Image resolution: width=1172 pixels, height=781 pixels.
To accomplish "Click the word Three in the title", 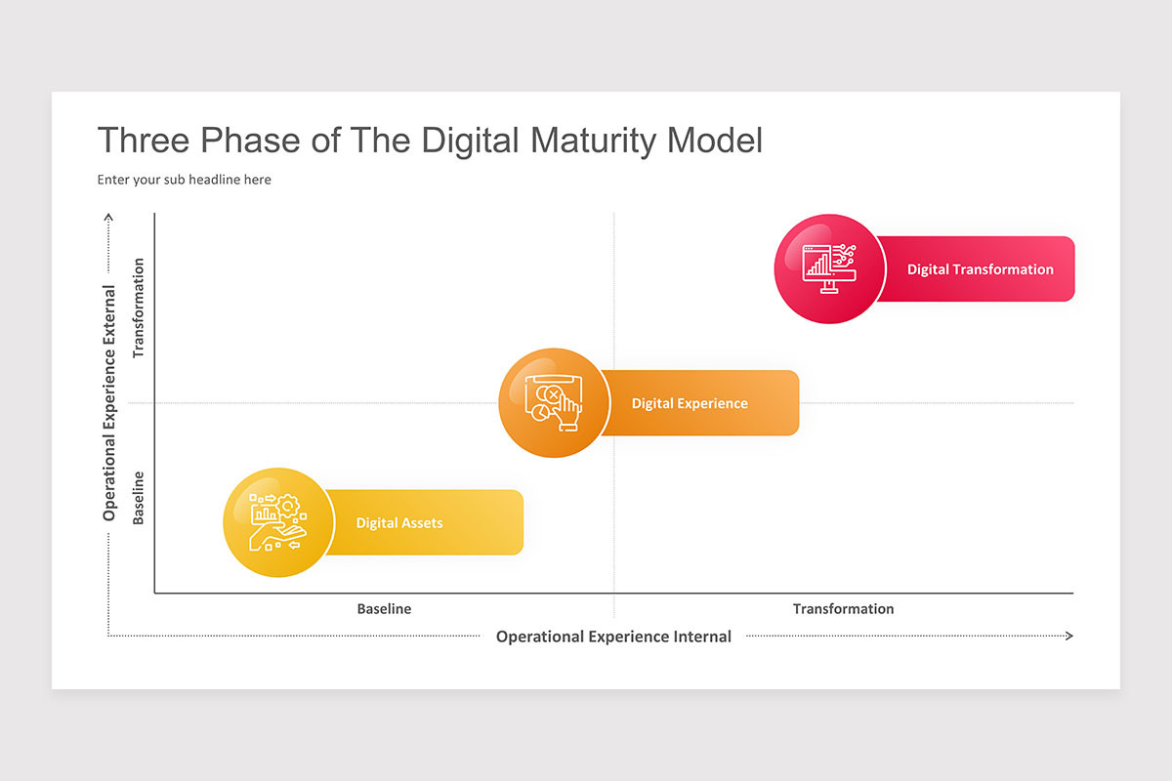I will [x=145, y=141].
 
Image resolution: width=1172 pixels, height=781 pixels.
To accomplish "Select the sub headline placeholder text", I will [x=185, y=180].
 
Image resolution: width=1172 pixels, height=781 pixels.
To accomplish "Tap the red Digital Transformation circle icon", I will [x=829, y=268].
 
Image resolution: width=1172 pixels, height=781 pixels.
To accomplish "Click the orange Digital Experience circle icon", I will [x=554, y=403].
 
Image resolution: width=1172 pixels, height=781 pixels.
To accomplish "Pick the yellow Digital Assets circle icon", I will [x=278, y=522].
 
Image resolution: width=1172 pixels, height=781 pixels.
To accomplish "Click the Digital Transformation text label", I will [x=980, y=269].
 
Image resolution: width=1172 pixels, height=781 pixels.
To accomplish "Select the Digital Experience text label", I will [x=690, y=403].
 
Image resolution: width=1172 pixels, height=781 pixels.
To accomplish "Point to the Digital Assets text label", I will [x=398, y=523].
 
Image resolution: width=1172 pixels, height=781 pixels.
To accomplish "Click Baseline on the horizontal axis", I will [x=384, y=609].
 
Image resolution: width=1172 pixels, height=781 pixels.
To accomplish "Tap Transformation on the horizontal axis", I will [x=843, y=609].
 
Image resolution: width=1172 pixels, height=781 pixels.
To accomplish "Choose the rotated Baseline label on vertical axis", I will [x=139, y=498].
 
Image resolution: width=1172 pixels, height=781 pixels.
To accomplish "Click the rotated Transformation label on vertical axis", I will [x=139, y=308].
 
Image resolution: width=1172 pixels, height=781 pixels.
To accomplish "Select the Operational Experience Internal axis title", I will [x=613, y=637].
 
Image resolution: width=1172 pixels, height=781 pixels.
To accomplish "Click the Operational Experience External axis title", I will [x=109, y=402].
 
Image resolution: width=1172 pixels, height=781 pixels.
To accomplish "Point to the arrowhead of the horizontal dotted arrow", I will [x=1068, y=636].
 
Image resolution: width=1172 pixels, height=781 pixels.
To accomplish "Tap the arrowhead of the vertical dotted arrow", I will [x=109, y=218].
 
